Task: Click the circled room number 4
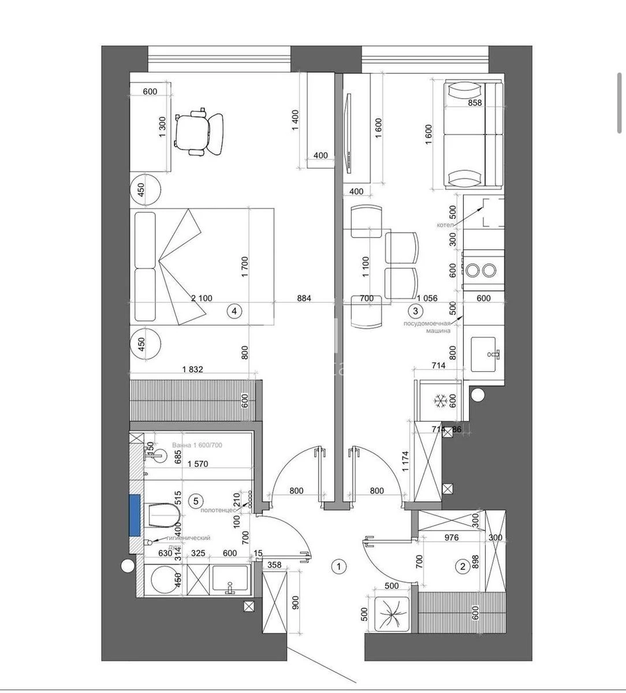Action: (234, 311)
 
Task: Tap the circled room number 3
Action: (414, 311)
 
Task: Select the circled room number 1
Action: (339, 567)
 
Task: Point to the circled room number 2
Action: (462, 567)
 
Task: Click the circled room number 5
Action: (196, 501)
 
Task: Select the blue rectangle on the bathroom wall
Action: (135, 513)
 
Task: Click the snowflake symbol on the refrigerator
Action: (441, 400)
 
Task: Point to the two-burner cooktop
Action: (482, 270)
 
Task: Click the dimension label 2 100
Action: (202, 299)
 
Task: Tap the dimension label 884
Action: (304, 299)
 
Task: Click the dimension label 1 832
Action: (192, 370)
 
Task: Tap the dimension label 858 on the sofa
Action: (475, 103)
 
